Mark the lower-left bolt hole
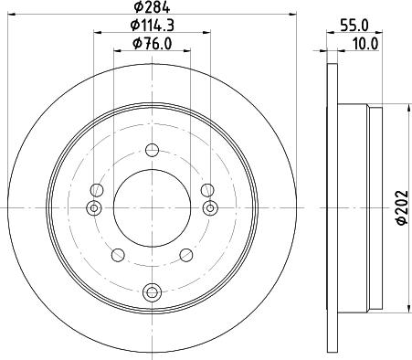117,254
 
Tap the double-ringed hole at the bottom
152,292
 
